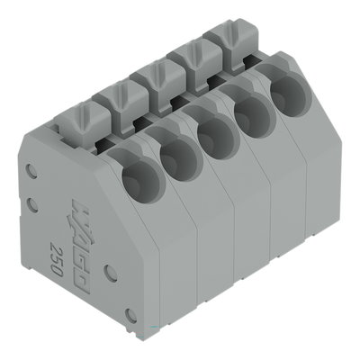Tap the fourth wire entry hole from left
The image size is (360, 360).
pos(252,112)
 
